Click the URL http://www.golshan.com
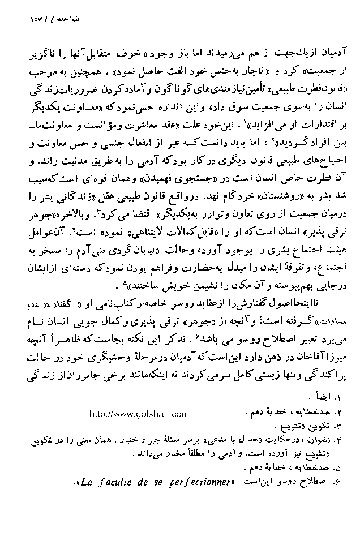(139, 414)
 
